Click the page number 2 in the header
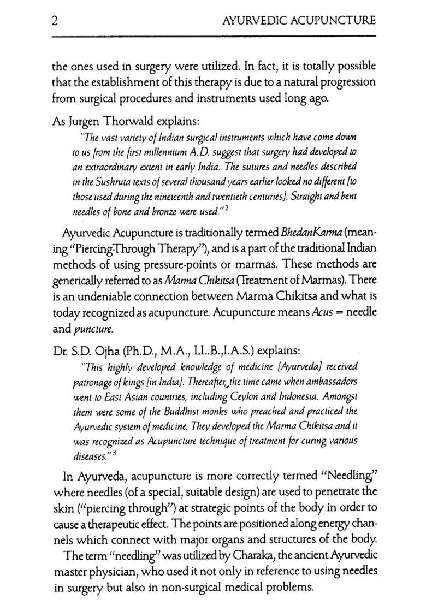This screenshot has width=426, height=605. click(x=55, y=21)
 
